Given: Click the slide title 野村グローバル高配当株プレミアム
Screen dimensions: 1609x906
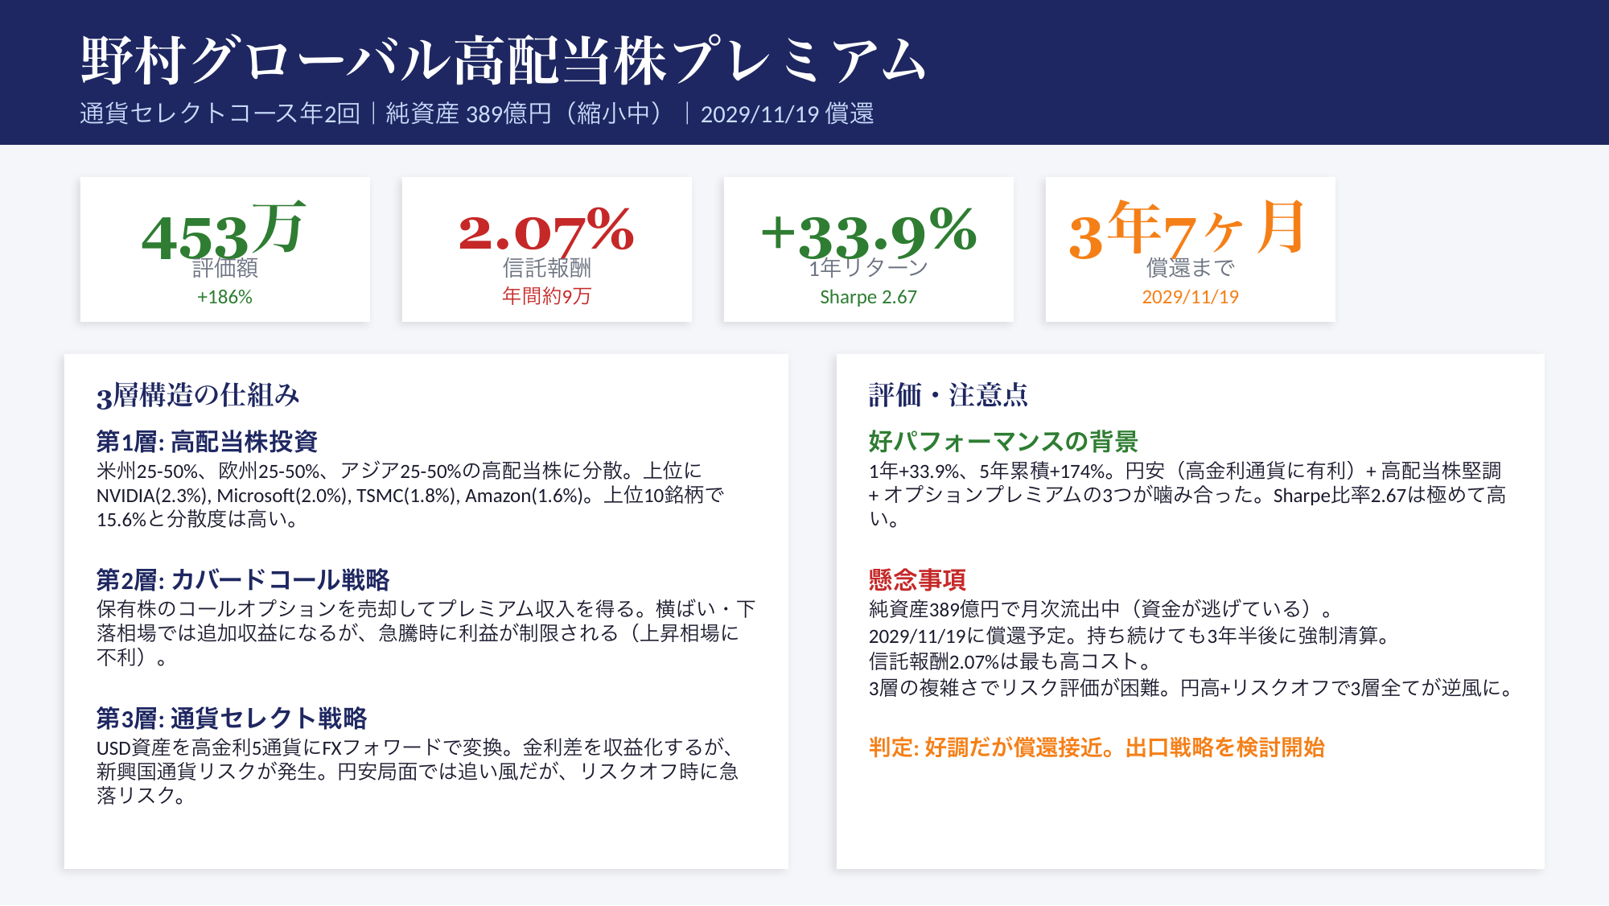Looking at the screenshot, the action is click(504, 60).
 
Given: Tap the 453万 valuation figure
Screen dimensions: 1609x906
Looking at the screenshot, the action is click(224, 231).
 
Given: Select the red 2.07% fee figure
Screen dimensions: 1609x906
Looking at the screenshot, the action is click(546, 231).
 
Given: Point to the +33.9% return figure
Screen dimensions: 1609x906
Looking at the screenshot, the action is click(869, 231).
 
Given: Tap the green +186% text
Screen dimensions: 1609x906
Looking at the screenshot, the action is click(224, 297).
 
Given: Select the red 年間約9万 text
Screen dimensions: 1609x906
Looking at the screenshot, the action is click(546, 296).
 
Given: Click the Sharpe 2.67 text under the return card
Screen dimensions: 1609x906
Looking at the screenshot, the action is click(868, 297).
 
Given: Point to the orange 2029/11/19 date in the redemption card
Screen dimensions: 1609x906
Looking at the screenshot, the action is click(1190, 297).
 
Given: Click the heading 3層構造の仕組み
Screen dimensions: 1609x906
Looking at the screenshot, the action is click(198, 395).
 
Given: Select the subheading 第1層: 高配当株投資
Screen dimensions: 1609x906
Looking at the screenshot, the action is click(207, 441).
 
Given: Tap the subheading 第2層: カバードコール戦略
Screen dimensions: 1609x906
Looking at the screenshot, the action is click(243, 579).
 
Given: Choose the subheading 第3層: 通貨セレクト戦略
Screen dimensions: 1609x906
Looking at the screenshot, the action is click(232, 718).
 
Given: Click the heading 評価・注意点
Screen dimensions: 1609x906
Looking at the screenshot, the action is click(949, 395).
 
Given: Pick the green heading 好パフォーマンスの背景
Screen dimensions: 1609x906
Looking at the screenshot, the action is click(1003, 441).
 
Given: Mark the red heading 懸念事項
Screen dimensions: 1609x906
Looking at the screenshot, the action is click(917, 579).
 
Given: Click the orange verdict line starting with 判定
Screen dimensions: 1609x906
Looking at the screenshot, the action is click(1097, 747).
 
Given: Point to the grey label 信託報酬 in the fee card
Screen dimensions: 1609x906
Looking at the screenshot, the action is click(546, 267).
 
